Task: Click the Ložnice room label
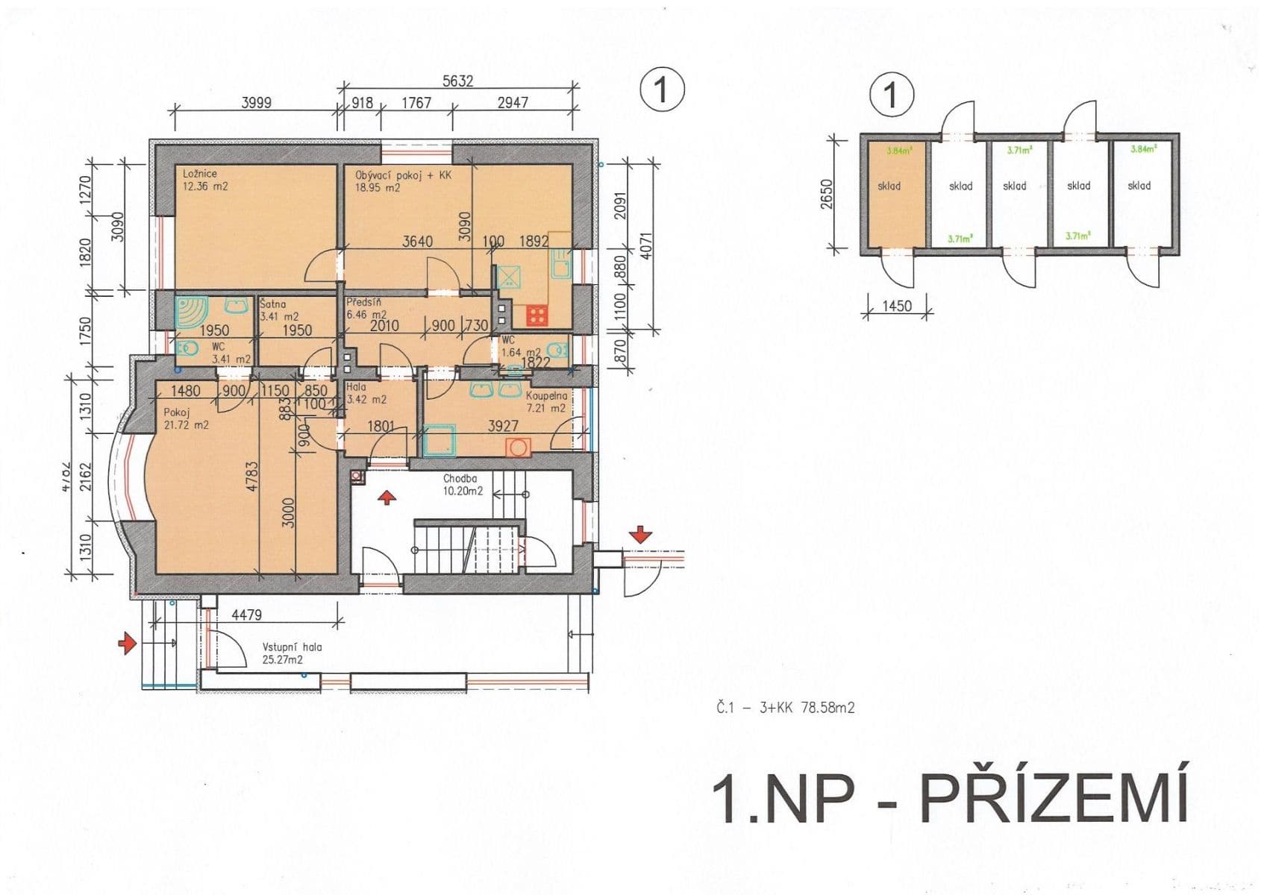point(200,174)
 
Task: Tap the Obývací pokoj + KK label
point(403,175)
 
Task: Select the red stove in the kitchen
point(536,315)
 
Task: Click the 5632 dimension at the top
point(457,81)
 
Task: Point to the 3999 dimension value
point(256,103)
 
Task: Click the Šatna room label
point(273,304)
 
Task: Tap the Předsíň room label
point(364,303)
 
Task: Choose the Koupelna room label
point(546,395)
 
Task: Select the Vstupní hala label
point(292,647)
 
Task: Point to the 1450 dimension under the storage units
point(896,306)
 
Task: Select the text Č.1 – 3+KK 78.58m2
point(785,707)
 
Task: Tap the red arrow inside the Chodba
point(386,497)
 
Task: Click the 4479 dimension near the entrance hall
point(246,615)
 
